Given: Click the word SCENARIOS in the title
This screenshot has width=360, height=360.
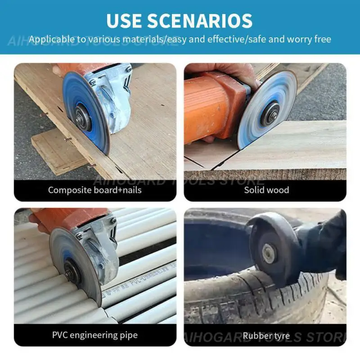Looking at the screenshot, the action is [x=200, y=21].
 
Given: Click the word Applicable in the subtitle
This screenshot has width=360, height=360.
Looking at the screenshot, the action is [x=52, y=39].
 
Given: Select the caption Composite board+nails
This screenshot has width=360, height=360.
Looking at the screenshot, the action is [x=95, y=190].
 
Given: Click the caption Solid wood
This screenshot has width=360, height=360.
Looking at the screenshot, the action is [x=266, y=190].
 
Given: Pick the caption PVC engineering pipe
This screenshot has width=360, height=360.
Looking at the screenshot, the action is [x=95, y=335].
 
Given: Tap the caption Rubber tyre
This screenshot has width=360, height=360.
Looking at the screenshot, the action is [x=266, y=336].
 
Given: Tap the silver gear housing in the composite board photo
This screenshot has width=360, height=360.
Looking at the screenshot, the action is [x=110, y=96].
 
